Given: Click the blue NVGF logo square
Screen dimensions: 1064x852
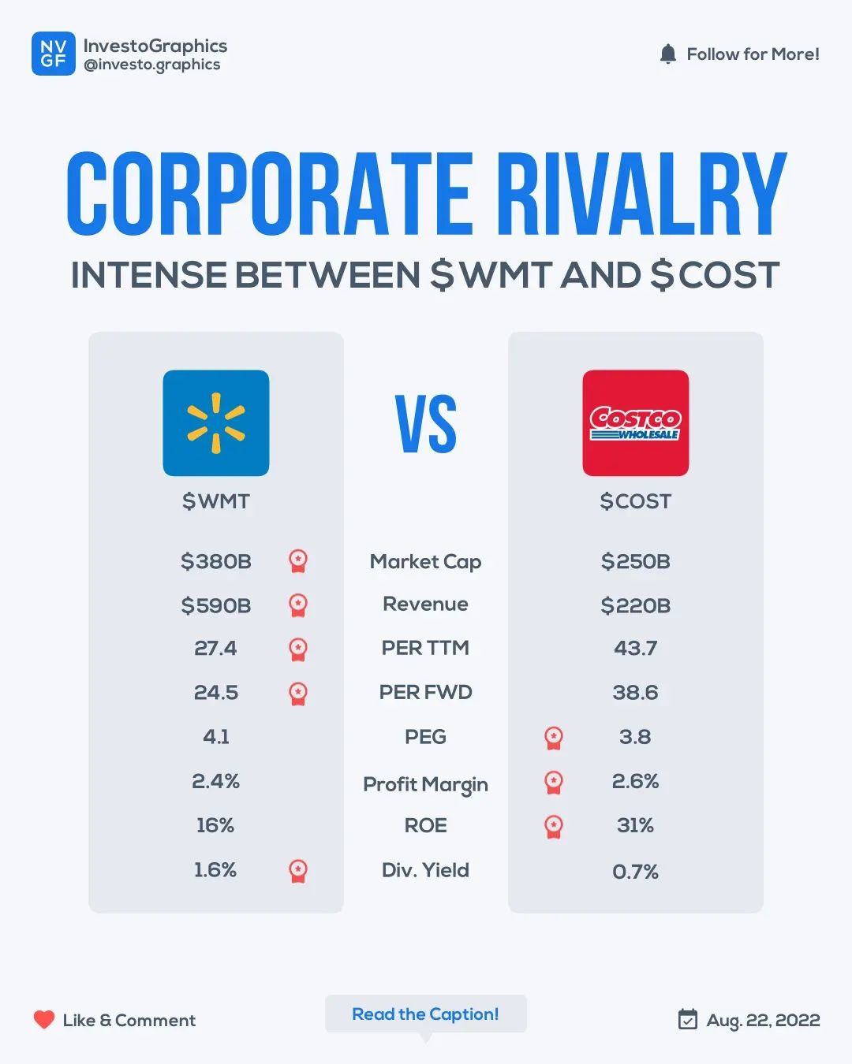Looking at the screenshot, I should tap(54, 54).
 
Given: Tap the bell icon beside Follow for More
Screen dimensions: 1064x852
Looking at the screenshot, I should tap(667, 54).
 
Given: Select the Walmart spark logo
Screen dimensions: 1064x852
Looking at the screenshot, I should tap(215, 423).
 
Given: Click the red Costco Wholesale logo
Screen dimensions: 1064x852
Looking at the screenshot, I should tap(635, 423).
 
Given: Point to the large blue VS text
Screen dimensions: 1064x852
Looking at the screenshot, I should tap(426, 424).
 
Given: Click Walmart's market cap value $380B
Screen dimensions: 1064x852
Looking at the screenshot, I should tap(215, 561).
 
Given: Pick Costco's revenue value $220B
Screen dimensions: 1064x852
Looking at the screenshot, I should tap(635, 605).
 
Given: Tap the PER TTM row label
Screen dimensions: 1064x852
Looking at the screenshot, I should tap(425, 648).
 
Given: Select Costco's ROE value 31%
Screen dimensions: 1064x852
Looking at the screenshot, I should tap(635, 825).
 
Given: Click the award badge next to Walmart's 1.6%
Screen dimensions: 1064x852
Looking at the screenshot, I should tap(298, 870).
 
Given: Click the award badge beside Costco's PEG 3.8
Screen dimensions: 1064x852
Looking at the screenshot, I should tap(554, 738).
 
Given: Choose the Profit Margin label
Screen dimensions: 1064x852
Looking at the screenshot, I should tap(425, 784).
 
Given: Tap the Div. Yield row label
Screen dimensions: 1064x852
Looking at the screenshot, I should tap(425, 870).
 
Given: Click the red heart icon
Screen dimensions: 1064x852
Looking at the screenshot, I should tap(44, 1020).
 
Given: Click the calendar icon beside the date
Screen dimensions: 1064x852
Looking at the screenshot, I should tap(688, 1019).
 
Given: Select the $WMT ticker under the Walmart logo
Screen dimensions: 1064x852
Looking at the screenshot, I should tap(215, 501).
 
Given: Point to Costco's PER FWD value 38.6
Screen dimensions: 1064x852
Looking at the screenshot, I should tap(635, 692).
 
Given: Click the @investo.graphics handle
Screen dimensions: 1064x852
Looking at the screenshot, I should tap(152, 65).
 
